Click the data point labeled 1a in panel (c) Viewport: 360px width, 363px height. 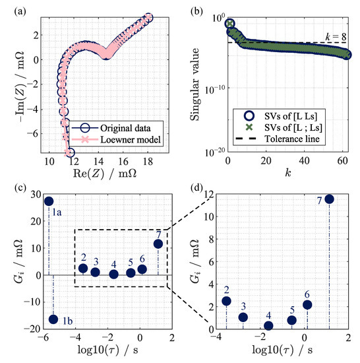pos(49,201)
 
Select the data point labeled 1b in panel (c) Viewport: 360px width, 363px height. pos(53,319)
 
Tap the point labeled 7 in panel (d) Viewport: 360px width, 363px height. pos(329,199)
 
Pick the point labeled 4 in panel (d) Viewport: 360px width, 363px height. pos(268,325)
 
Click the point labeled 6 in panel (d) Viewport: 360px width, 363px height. pos(307,305)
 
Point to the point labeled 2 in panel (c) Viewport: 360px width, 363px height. pos(83,268)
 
